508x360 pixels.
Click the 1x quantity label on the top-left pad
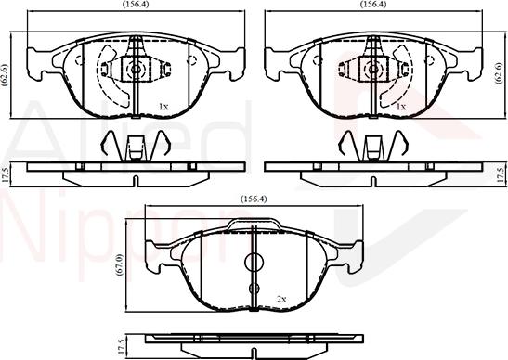(163, 107)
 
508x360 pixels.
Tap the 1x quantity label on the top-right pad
(401, 107)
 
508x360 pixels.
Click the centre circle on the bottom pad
(254, 264)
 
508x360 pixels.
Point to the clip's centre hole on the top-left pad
(136, 68)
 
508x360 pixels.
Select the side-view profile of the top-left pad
(136, 170)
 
